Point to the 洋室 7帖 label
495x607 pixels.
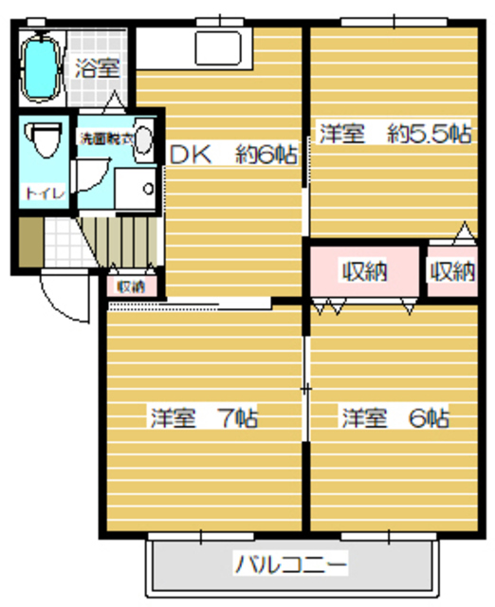[203, 417]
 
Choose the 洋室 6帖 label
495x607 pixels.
[395, 417]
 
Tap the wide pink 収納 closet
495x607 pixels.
[364, 272]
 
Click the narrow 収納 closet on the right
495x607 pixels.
[451, 272]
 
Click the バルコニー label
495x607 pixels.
[291, 565]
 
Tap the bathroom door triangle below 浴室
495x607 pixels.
[113, 101]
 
